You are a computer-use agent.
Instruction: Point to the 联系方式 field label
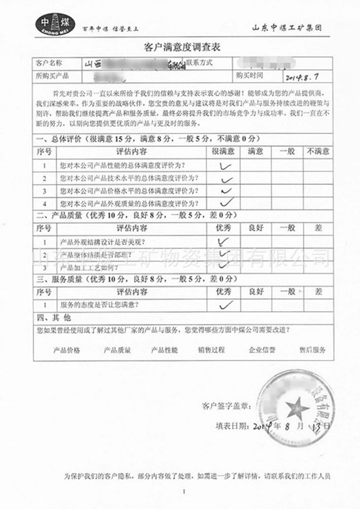point(201,63)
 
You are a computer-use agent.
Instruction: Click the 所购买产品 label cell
point(52,75)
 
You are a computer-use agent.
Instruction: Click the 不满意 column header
point(317,152)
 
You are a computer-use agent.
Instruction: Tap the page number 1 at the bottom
point(184,491)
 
